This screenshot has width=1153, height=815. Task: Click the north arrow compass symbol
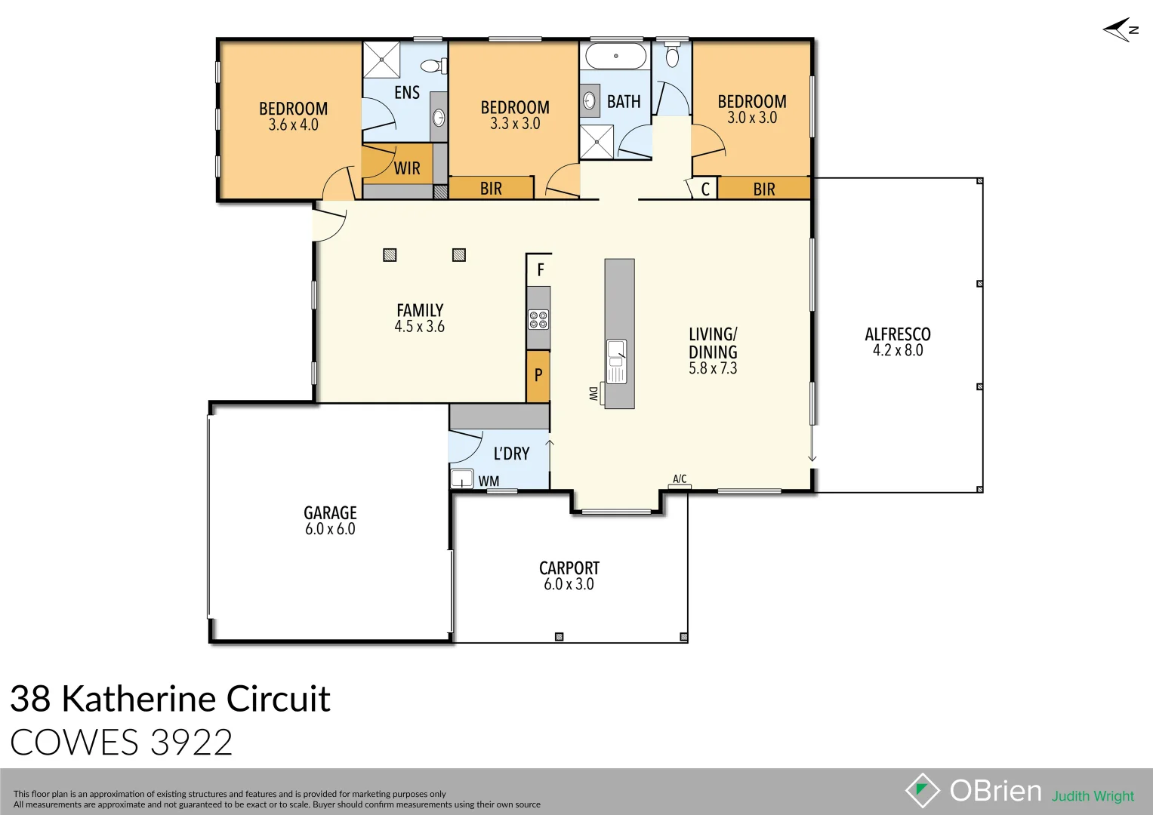(1121, 29)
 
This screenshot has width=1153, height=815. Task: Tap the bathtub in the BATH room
(616, 56)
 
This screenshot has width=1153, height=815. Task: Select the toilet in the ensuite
(433, 66)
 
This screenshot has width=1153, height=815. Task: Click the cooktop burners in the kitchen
(538, 320)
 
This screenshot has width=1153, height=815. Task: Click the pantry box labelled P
(538, 375)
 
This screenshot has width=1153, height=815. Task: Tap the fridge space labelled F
(540, 269)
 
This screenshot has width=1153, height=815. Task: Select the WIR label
(407, 168)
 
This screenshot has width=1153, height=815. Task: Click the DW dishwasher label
(593, 393)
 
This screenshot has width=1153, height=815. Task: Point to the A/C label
(680, 479)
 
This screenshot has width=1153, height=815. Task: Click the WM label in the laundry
(489, 481)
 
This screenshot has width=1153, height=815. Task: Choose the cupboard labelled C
(705, 189)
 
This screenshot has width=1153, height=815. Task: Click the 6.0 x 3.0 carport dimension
(569, 584)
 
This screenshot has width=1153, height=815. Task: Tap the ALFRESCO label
(897, 334)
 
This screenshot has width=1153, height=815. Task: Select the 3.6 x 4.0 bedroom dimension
(293, 125)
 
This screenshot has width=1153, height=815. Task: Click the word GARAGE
(330, 513)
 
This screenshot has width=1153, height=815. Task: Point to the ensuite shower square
(381, 60)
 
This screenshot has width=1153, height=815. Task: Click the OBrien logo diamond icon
(922, 790)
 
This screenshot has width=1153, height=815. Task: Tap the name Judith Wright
(1093, 796)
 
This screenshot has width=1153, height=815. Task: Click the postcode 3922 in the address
(191, 743)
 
